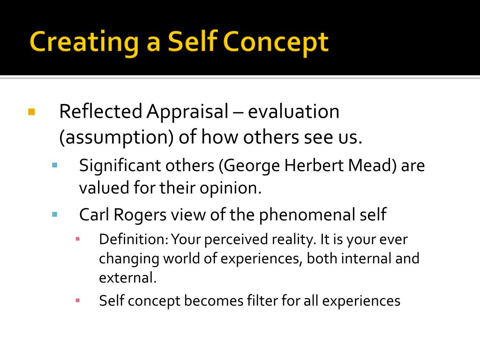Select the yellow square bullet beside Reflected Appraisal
(32, 112)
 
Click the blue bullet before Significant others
(54, 165)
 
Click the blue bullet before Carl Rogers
(54, 215)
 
